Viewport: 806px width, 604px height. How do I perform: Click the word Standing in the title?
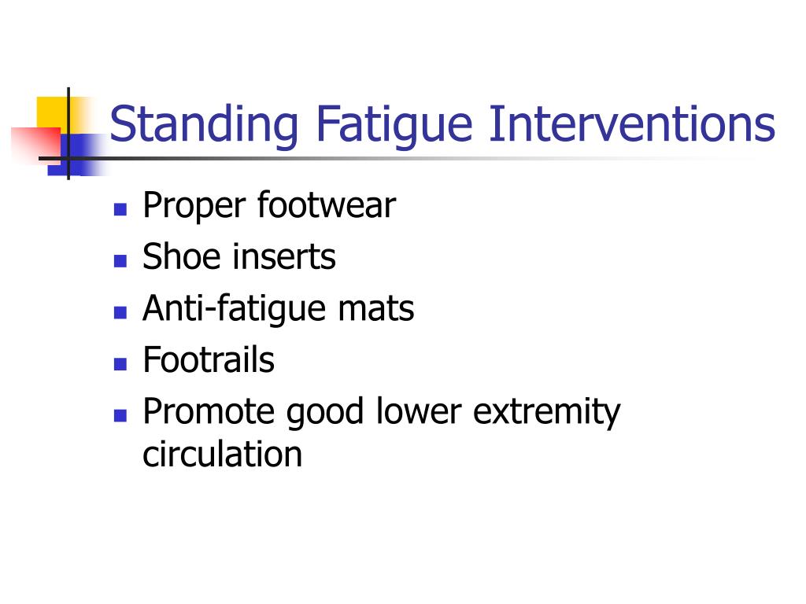[204, 126]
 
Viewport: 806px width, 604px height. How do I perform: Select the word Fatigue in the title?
[394, 126]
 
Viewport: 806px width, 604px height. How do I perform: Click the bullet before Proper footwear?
[120, 209]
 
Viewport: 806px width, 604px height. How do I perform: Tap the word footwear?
[327, 205]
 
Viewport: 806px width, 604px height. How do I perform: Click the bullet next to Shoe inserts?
[120, 261]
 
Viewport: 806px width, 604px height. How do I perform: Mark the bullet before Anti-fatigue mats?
[120, 312]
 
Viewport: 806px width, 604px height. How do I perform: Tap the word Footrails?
[209, 359]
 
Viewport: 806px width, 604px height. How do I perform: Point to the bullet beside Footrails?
[120, 364]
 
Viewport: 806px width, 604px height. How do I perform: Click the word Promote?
[208, 411]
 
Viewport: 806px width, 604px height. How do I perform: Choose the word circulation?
[222, 454]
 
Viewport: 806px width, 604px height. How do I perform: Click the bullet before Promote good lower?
[120, 415]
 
